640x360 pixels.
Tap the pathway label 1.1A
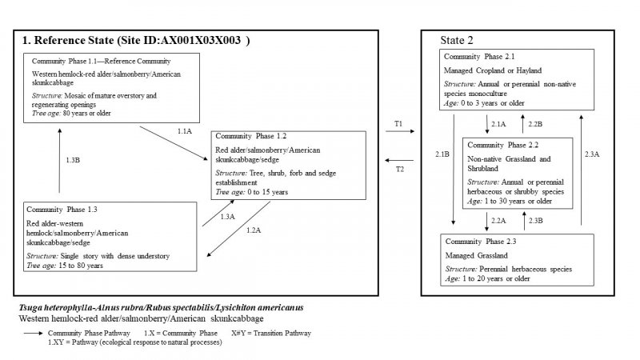coord(184,130)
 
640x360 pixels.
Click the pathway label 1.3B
coord(71,160)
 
